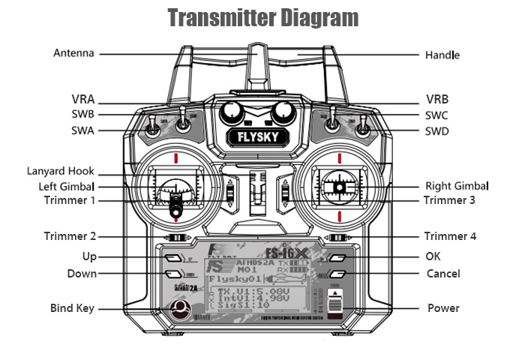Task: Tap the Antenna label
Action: [73, 54]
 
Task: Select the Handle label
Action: [442, 55]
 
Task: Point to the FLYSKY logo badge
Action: [256, 138]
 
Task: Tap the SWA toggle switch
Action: [152, 128]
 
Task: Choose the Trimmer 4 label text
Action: [450, 236]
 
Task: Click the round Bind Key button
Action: [179, 309]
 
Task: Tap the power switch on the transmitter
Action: [337, 306]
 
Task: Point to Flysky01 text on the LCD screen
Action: [233, 279]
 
